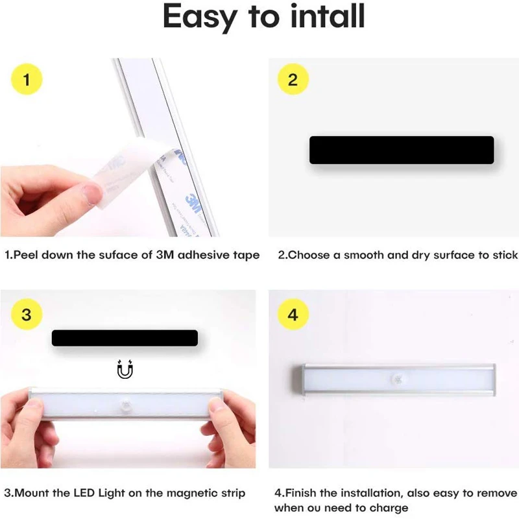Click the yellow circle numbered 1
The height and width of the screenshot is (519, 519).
click(27, 80)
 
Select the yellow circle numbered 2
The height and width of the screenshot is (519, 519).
click(293, 80)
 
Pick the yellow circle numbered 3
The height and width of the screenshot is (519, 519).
click(27, 315)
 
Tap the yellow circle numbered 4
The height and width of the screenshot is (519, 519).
click(293, 315)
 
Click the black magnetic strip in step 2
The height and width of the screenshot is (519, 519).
click(402, 150)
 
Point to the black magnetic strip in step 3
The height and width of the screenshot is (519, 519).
click(125, 338)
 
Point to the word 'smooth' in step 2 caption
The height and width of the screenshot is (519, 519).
click(364, 255)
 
